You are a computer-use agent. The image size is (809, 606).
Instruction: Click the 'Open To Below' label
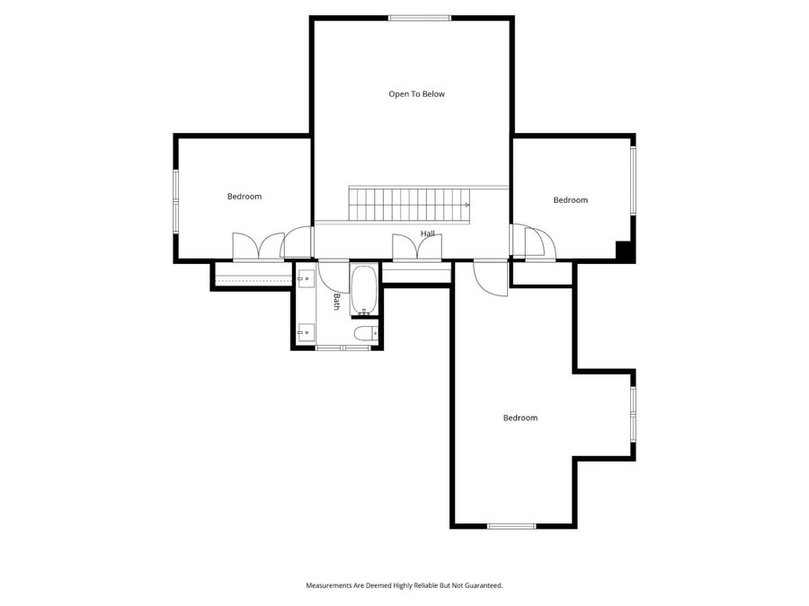416,94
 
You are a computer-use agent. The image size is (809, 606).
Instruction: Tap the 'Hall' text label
428,234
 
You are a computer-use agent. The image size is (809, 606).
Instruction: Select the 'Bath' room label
337,302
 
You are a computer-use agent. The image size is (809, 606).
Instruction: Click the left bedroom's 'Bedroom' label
244,197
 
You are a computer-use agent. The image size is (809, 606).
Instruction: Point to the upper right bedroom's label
570,200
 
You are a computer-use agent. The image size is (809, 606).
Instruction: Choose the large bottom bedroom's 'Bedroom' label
520,418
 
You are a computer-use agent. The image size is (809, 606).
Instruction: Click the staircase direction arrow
467,206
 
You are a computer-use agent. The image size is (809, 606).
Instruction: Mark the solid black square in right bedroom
622,250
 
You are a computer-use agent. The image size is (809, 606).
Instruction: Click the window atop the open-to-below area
420,18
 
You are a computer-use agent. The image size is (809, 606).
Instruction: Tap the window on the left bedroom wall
176,198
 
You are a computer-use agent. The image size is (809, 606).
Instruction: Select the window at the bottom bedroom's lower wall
511,526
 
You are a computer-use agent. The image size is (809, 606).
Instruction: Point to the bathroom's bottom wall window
342,347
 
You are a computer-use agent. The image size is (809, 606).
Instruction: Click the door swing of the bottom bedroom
493,277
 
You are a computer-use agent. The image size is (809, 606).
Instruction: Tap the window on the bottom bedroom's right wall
633,413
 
